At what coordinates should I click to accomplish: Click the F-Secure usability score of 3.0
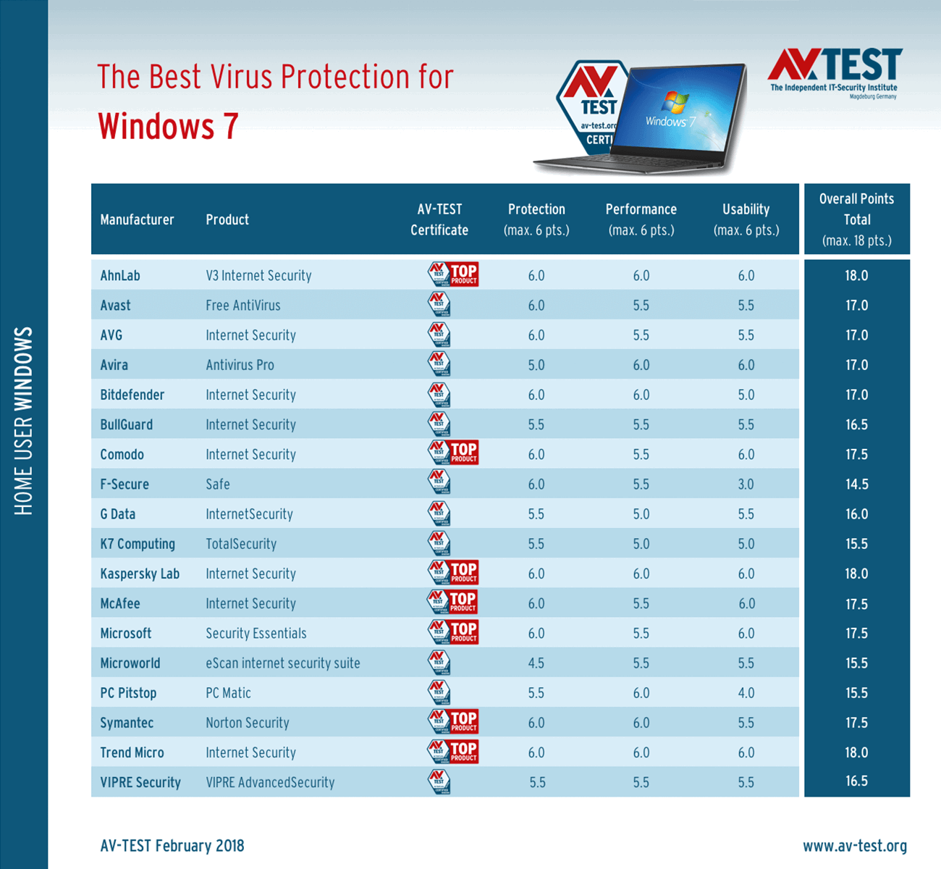pyautogui.click(x=746, y=484)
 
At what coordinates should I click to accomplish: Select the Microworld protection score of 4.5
pyautogui.click(x=536, y=663)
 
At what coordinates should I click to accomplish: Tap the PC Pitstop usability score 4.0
pyautogui.click(x=746, y=693)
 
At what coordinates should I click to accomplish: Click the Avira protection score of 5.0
pyautogui.click(x=536, y=365)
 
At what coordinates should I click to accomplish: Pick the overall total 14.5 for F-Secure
pyautogui.click(x=856, y=484)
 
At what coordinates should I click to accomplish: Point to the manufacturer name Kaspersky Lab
pyautogui.click(x=140, y=574)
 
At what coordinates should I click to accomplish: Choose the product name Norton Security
pyautogui.click(x=247, y=723)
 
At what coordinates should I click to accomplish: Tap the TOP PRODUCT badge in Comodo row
pyautogui.click(x=463, y=453)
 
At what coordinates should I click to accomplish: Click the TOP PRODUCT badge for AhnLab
pyautogui.click(x=463, y=274)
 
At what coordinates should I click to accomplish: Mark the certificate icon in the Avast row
pyautogui.click(x=439, y=304)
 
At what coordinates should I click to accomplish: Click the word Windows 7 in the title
pyautogui.click(x=168, y=126)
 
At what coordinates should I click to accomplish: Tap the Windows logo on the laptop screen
pyautogui.click(x=674, y=102)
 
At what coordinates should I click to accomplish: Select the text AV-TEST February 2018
pyautogui.click(x=172, y=846)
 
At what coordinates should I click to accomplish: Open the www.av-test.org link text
pyautogui.click(x=854, y=846)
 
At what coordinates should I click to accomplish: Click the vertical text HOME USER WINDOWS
pyautogui.click(x=24, y=421)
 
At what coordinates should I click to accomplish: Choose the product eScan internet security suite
pyautogui.click(x=282, y=663)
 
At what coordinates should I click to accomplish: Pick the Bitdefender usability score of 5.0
pyautogui.click(x=746, y=395)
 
